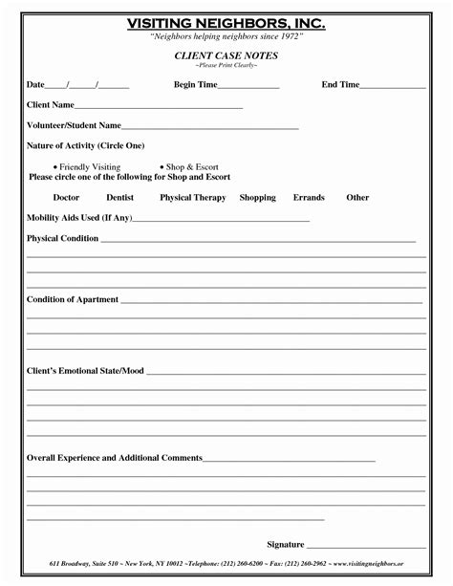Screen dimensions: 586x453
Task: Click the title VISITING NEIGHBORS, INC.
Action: coord(226,22)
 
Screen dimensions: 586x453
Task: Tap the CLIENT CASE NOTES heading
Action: coord(226,56)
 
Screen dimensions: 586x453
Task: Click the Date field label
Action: coord(35,85)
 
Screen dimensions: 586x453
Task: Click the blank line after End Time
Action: coord(393,86)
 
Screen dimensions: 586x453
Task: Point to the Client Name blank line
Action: coord(159,106)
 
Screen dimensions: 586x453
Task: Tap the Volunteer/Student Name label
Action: coord(74,125)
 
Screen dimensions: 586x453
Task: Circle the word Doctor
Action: coord(66,198)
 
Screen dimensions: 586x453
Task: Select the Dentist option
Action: coord(120,198)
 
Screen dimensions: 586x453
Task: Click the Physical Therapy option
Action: coord(193,198)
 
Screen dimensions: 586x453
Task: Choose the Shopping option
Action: coord(257,198)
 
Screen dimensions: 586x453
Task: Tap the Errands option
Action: coord(309,198)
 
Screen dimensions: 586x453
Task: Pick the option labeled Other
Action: coord(357,198)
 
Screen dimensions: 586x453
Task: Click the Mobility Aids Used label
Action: coord(78,218)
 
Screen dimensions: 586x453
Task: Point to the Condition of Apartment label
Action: coord(73,300)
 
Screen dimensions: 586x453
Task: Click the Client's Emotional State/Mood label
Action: coord(85,370)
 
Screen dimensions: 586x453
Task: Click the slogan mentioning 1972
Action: coord(226,35)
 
